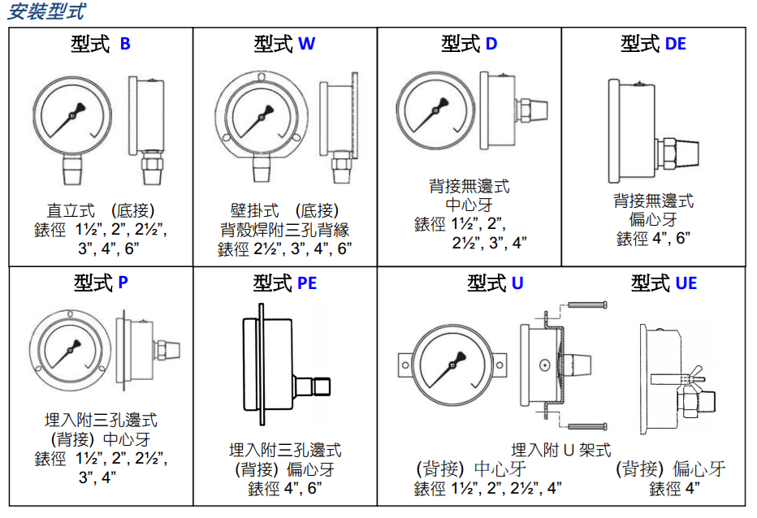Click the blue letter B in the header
click(125, 44)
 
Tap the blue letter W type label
click(306, 44)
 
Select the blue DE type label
click(676, 44)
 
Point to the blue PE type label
click(307, 283)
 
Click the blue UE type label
click(686, 283)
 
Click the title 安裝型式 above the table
click(47, 11)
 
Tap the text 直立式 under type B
click(71, 210)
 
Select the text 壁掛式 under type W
click(255, 210)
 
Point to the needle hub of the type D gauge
click(435, 111)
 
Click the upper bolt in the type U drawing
click(587, 304)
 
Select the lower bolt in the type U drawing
click(587, 426)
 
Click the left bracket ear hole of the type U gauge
click(405, 365)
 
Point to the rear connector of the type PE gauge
click(312, 386)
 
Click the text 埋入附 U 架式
click(561, 450)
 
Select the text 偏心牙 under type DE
click(653, 220)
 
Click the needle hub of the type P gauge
click(71, 349)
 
